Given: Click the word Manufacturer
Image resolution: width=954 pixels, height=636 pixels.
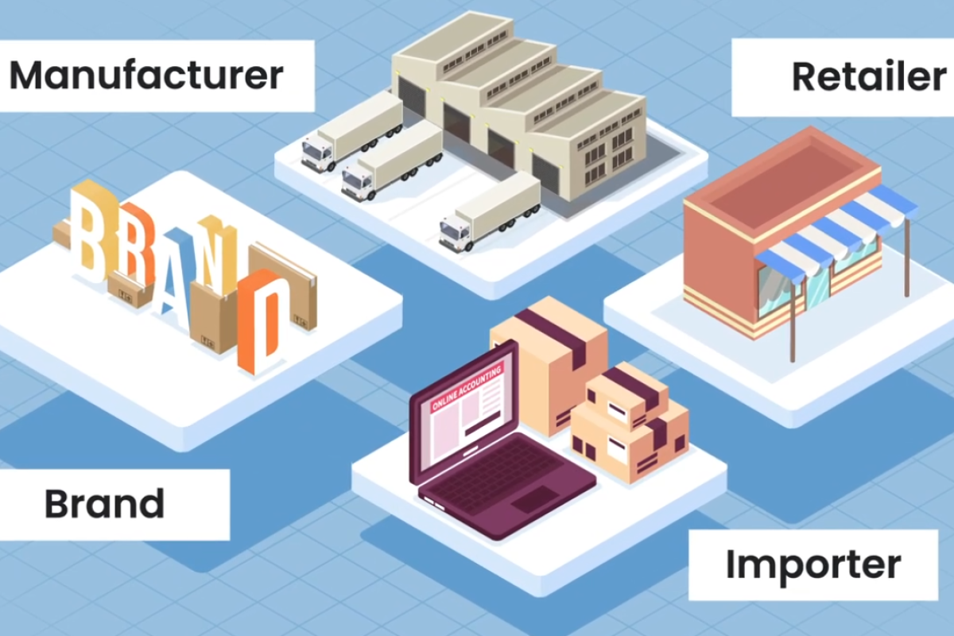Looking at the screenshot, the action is point(146,76).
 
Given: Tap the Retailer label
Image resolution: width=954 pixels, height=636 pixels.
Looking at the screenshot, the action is point(869,76).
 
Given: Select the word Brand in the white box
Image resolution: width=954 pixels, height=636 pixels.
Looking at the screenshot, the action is point(105,504).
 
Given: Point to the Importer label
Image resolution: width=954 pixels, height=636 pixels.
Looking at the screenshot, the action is point(813,566).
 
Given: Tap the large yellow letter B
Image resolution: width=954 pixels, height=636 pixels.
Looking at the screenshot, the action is point(91,232).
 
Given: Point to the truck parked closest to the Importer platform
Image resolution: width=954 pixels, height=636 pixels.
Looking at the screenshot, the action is point(490,213).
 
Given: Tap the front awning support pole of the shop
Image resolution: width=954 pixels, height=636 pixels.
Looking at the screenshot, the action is point(793,320).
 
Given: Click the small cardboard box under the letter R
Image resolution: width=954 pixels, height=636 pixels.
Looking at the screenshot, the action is point(128,289).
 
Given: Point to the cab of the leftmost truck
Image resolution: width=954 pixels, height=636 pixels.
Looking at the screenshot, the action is point(317,153).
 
